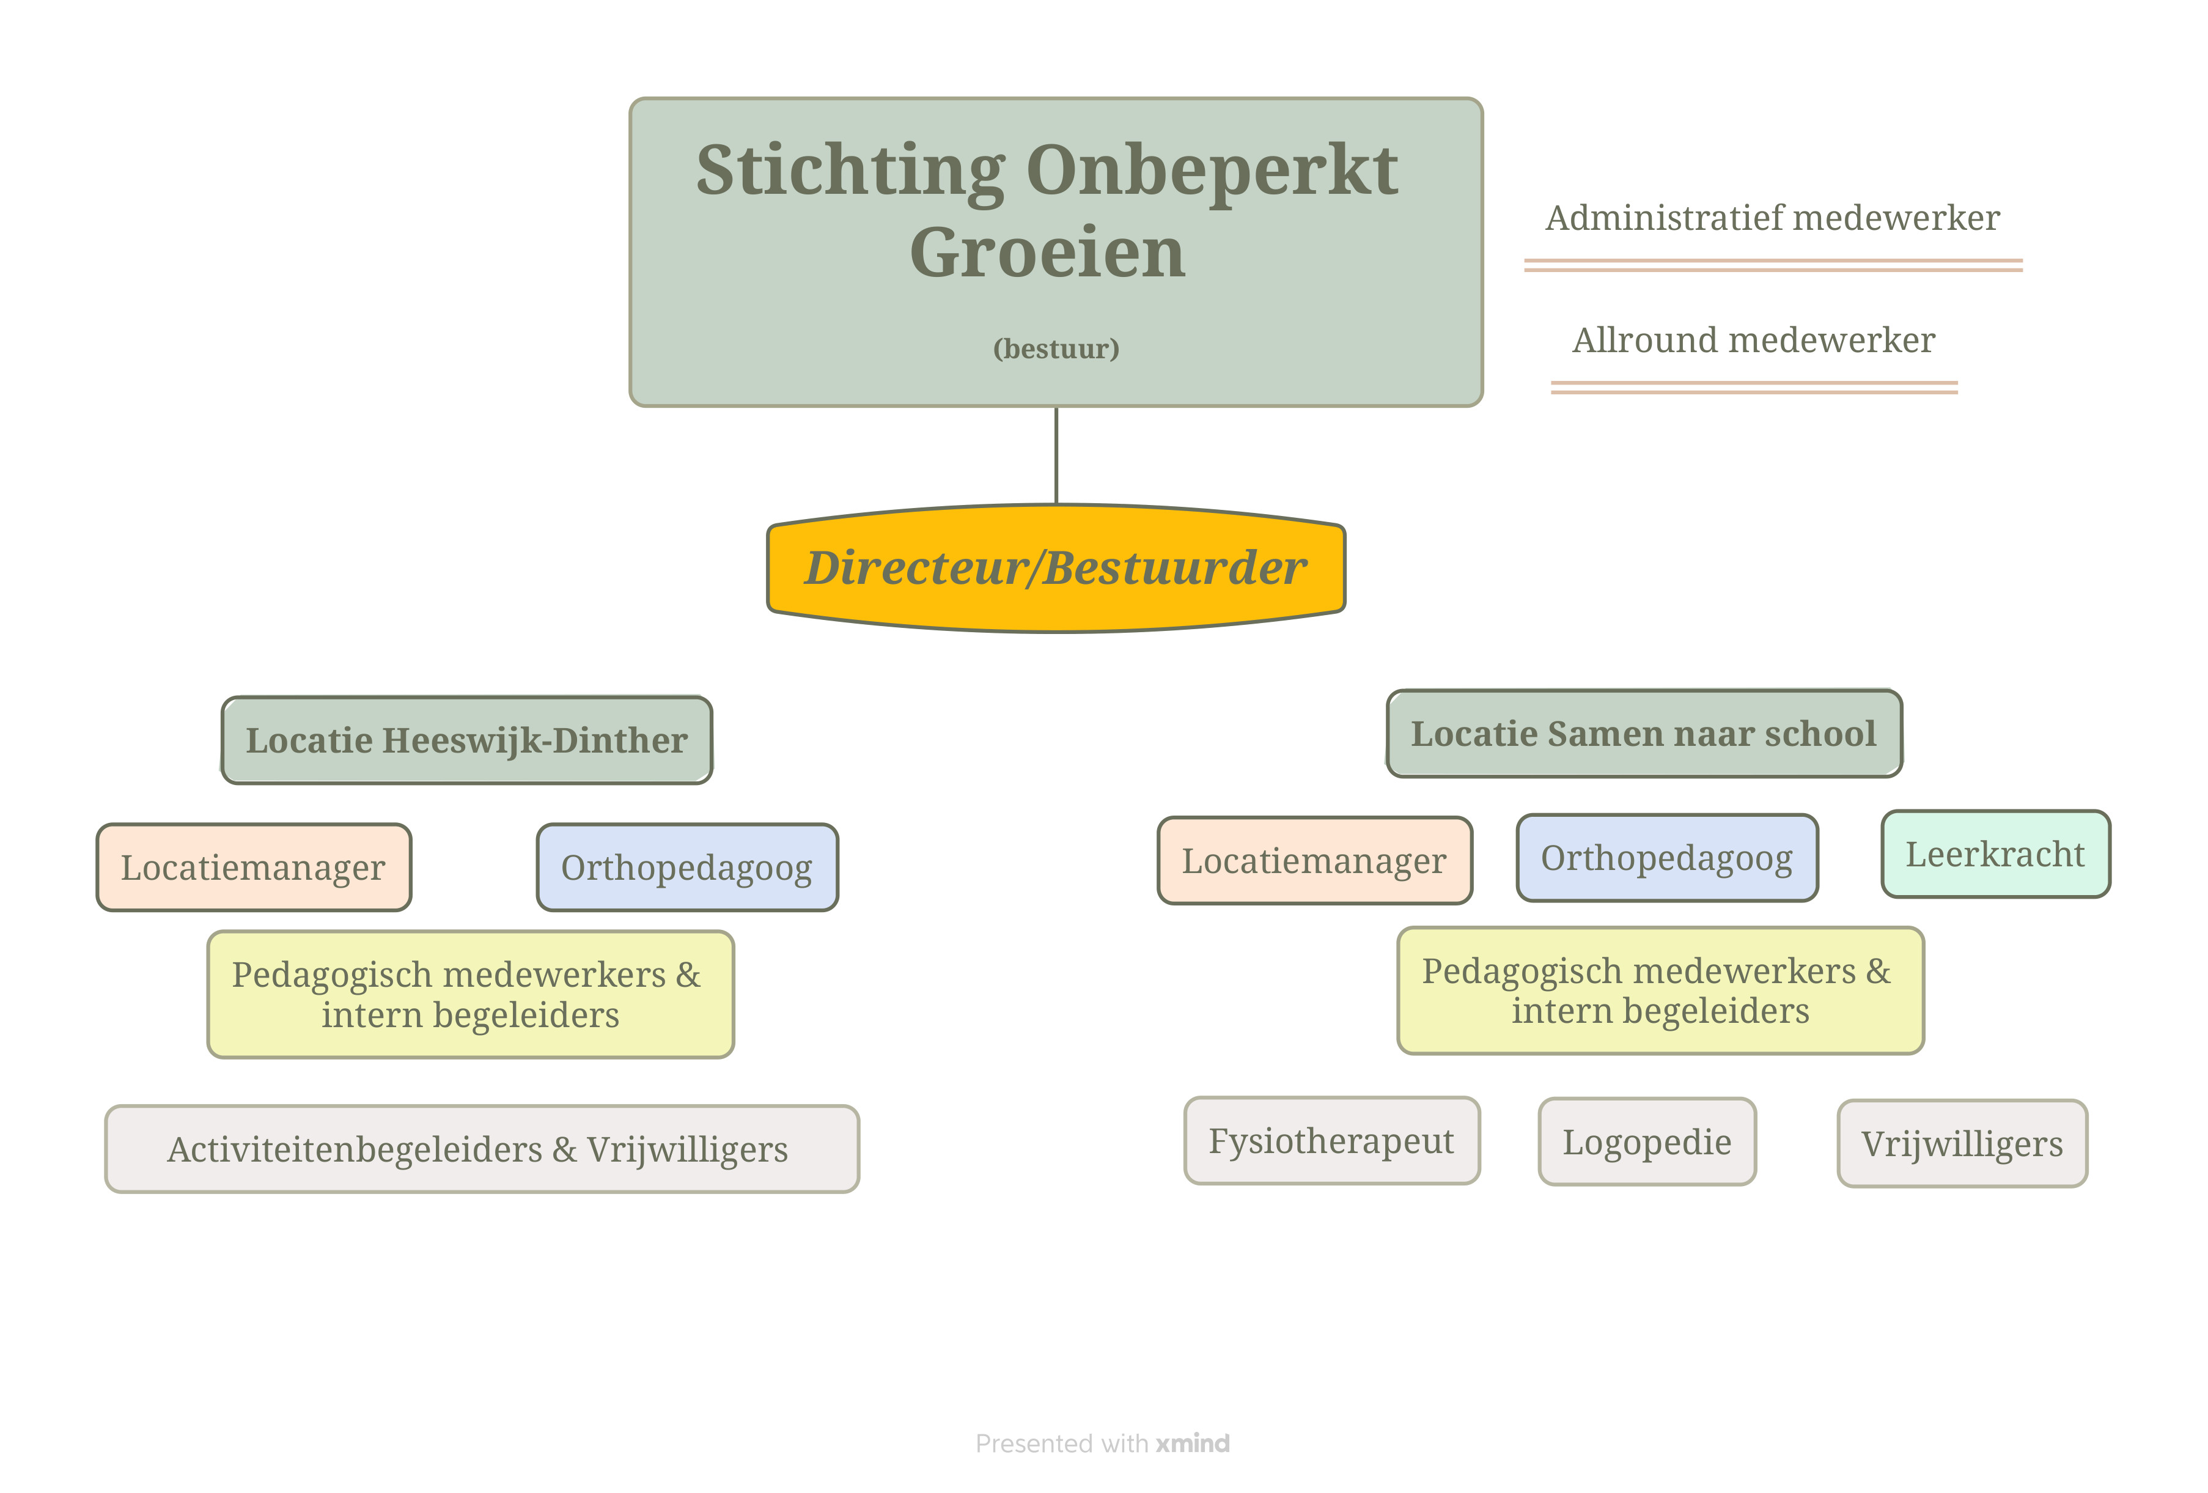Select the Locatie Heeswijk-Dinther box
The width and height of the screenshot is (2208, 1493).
click(x=466, y=740)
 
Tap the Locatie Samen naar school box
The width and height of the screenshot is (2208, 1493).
click(x=1644, y=734)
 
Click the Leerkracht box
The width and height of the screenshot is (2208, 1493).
click(x=1995, y=854)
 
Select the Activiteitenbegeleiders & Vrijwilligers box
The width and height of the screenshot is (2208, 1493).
click(x=482, y=1149)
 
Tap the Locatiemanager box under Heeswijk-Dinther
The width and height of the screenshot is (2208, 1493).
click(x=254, y=868)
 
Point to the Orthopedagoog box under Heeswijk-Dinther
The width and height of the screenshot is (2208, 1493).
click(x=687, y=868)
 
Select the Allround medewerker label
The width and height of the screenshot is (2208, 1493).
click(x=1754, y=340)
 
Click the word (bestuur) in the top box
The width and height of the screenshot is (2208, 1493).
click(x=1056, y=348)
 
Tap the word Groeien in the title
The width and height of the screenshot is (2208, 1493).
click(x=1048, y=253)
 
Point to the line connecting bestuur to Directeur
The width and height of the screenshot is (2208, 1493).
click(x=1056, y=455)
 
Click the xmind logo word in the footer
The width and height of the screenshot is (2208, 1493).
click(x=1193, y=1443)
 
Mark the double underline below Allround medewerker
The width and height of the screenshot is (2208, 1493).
click(x=1754, y=388)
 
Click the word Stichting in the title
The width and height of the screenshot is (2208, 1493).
click(x=850, y=171)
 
